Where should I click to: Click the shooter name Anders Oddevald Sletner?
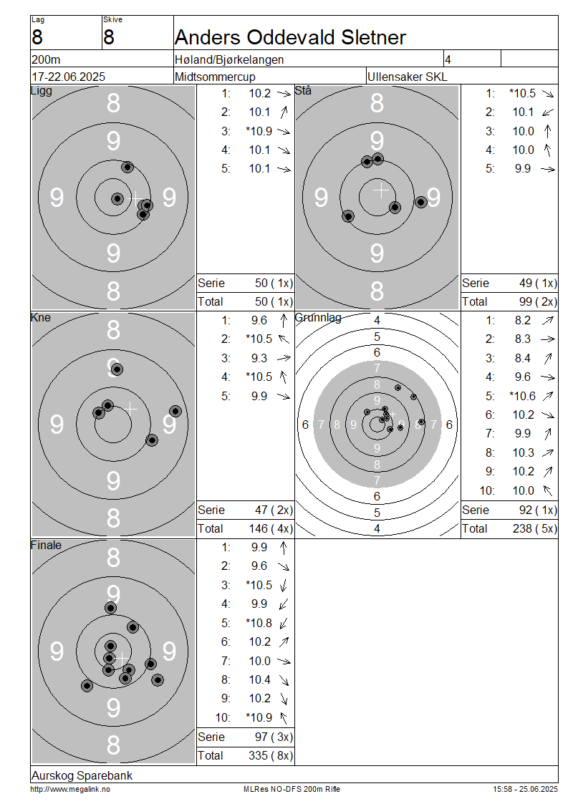[x=290, y=37]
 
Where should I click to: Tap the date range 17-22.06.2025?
[x=69, y=77]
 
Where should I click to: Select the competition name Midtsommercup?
[x=215, y=77]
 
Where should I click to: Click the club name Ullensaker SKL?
[x=408, y=77]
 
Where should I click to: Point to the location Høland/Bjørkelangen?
[x=229, y=59]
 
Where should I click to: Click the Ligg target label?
[x=42, y=91]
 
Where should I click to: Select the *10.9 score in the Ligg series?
[x=259, y=131]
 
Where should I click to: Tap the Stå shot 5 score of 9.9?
[x=522, y=169]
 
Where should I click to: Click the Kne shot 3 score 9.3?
[x=259, y=358]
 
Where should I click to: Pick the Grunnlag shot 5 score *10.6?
[x=522, y=396]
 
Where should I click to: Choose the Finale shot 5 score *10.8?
[x=259, y=623]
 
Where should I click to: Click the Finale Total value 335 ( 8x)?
[x=271, y=755]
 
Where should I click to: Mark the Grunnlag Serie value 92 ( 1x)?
[x=538, y=510]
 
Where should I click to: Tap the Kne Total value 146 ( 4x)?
[x=271, y=528]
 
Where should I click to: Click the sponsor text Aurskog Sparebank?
[x=82, y=775]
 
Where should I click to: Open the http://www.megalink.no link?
[x=70, y=789]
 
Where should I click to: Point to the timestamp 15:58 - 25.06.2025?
[x=525, y=789]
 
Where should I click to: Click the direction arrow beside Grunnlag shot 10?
[x=548, y=490]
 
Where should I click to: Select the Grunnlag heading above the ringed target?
[x=318, y=318]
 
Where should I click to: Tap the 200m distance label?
[x=46, y=59]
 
